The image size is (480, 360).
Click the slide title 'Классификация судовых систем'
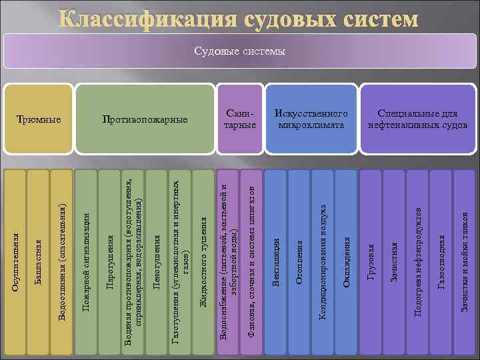coord(240,19)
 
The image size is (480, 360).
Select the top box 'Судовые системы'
coord(240,51)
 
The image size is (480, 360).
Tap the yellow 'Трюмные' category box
coord(38,120)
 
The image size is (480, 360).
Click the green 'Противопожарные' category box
coord(145,120)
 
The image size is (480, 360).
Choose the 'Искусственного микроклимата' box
coord(311,120)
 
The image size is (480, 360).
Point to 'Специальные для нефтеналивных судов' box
coord(417,120)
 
